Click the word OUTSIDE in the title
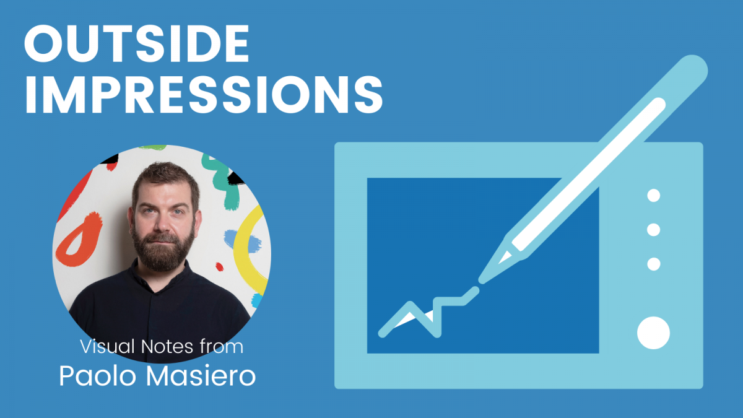point(137,43)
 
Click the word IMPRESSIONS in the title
point(204,95)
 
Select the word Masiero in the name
point(201,377)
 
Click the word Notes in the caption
point(167,346)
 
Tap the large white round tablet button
point(653,333)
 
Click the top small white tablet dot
point(653,196)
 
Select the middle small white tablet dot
point(653,230)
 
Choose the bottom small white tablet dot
point(653,264)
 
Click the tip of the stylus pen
point(480,282)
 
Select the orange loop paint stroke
point(79,240)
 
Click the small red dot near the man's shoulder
point(219,267)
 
